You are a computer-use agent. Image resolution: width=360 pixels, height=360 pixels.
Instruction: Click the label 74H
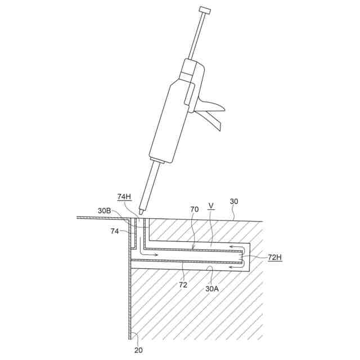coord(124,197)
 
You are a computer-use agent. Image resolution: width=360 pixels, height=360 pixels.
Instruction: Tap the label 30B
coord(104,211)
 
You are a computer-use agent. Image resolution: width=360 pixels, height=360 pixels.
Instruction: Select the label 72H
coord(275,257)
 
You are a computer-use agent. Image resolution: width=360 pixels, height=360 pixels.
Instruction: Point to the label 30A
coord(211,288)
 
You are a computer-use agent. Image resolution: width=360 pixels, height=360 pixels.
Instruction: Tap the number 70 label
coord(194,209)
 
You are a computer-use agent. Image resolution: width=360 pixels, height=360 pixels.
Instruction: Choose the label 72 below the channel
coord(183,285)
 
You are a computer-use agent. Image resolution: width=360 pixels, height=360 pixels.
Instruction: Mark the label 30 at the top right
coord(234,201)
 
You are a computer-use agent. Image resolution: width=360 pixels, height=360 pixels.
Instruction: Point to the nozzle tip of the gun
coord(141,211)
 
